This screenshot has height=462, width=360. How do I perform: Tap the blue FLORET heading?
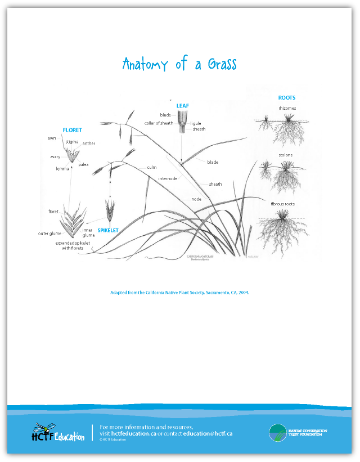coord(73,130)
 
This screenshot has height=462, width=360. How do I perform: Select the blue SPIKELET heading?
coord(109,230)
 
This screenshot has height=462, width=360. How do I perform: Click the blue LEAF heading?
coord(183,105)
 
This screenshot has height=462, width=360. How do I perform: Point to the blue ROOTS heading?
coord(287,98)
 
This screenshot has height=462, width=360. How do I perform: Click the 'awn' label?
coord(52,138)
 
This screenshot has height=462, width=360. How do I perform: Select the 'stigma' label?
coord(72,142)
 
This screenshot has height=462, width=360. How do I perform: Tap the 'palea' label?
coord(83,164)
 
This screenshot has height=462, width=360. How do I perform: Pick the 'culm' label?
coord(152,167)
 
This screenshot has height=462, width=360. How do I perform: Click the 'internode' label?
coord(168,178)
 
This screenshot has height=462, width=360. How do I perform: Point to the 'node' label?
coord(196,199)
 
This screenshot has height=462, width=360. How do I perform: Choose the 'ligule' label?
coord(195,123)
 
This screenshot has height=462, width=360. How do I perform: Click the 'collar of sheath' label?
coord(159,123)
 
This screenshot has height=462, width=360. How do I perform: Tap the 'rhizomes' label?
coord(287,108)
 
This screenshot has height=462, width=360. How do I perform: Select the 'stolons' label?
coord(286,155)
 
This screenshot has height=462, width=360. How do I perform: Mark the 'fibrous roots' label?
coord(286,204)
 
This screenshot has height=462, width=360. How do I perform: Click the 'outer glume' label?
coord(49,233)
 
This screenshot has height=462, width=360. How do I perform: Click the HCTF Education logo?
coord(58,432)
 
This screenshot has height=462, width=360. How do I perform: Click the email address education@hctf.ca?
coord(208,434)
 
